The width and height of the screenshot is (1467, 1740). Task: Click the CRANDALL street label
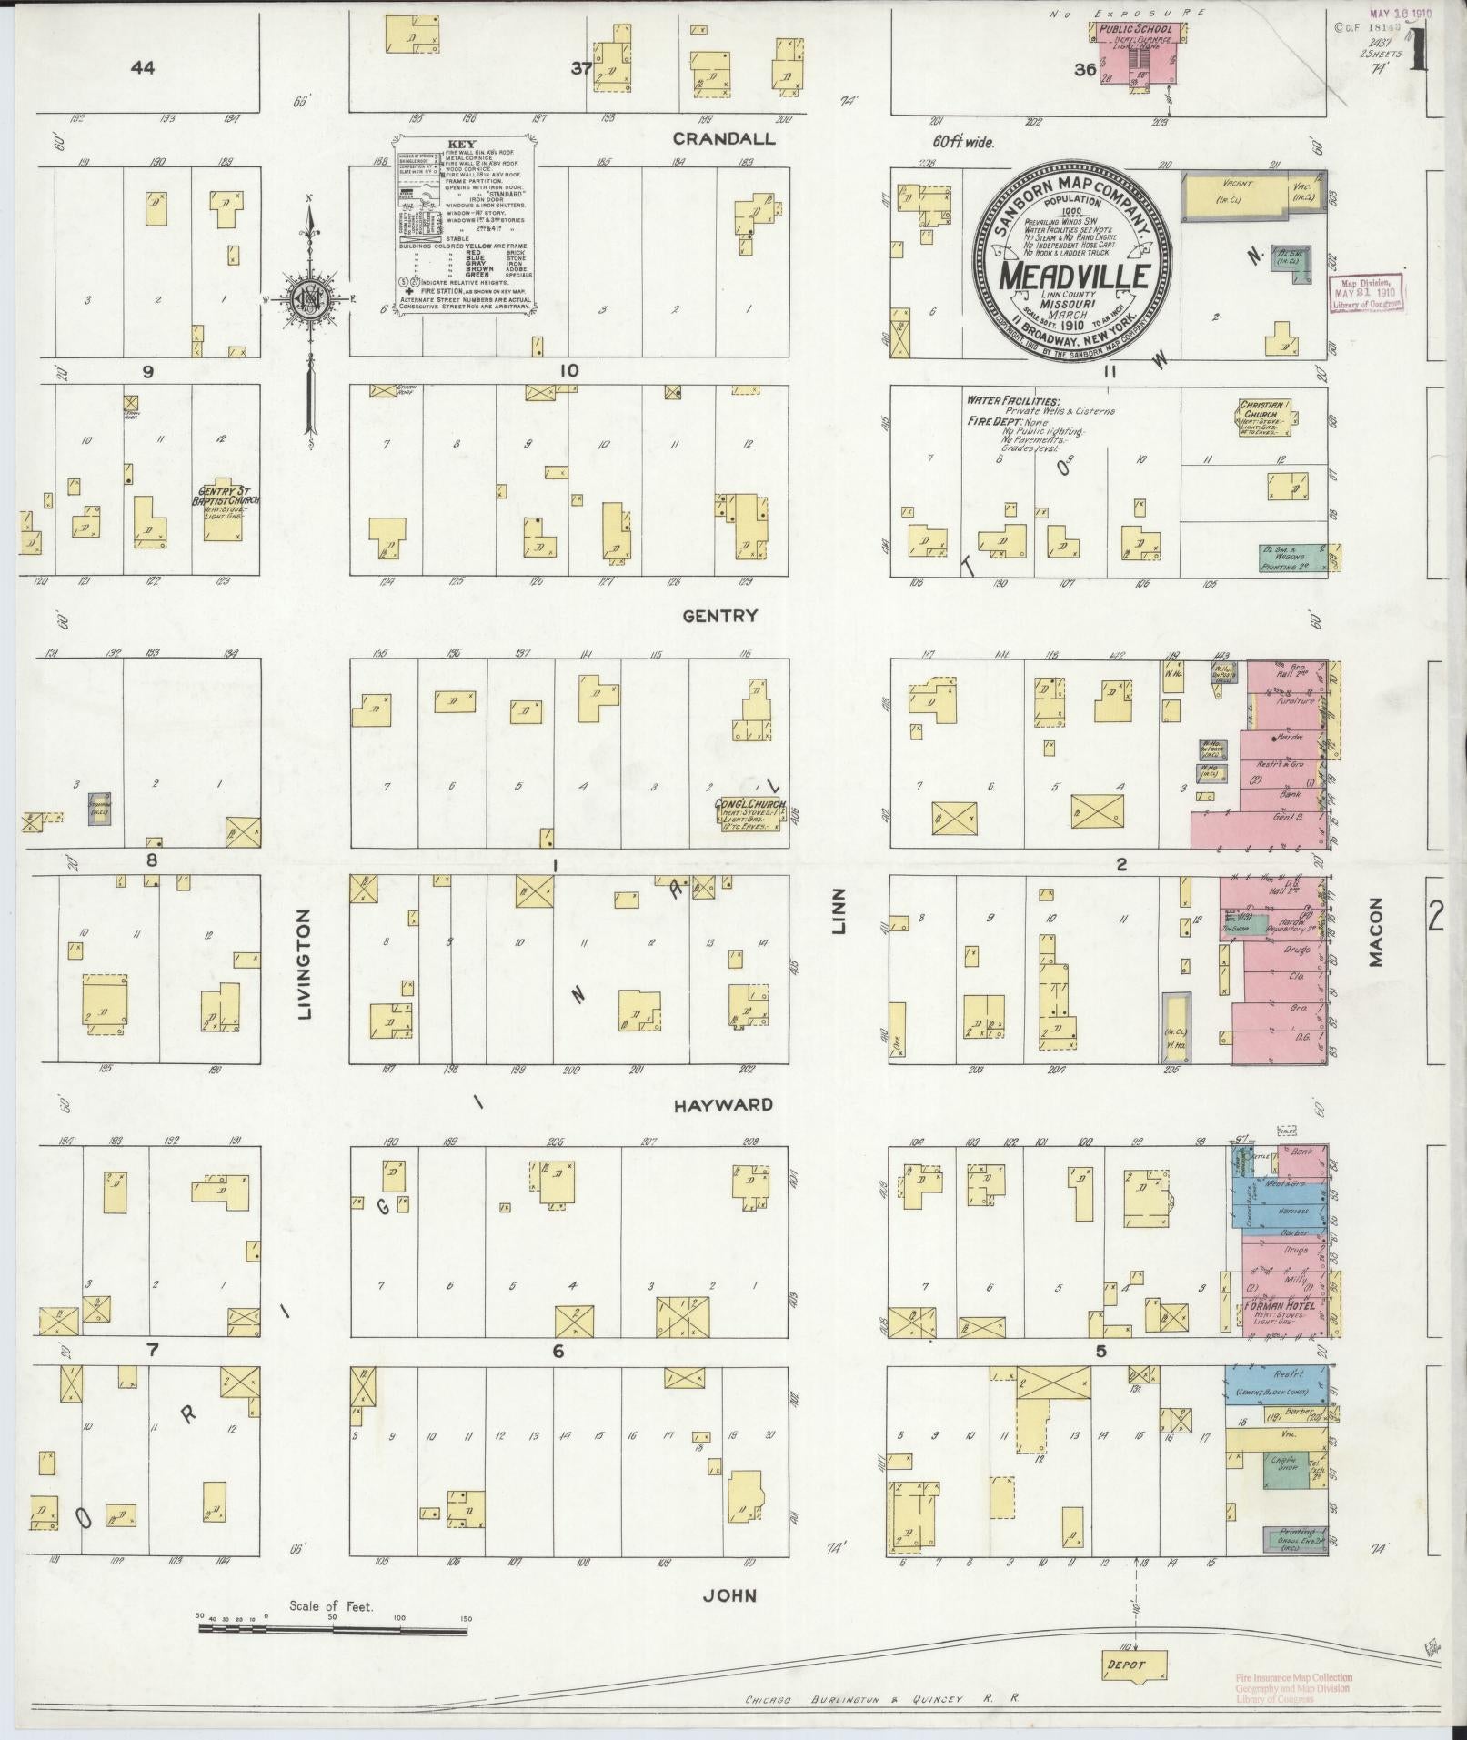coord(724,138)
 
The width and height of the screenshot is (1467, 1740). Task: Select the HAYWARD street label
coord(723,1105)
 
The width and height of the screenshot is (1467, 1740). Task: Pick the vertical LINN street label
coord(839,910)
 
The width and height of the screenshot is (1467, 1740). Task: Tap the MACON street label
coord(1374,931)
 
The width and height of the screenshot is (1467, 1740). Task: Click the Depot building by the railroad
coord(1134,1665)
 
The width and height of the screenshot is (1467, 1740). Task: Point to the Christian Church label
coord(1269,408)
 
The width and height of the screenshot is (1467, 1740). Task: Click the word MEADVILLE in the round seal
coord(1070,276)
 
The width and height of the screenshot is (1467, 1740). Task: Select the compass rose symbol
coord(311,299)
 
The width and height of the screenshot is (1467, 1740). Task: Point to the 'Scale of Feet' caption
coord(331,1606)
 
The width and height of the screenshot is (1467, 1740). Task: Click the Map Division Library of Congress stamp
coord(1366,290)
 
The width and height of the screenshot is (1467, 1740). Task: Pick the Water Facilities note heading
coord(1013,399)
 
